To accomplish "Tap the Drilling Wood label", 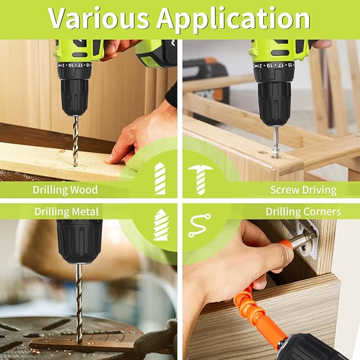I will [65, 189].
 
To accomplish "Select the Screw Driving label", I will [303, 189].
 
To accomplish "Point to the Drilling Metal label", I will [67, 212].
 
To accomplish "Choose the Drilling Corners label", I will [303, 212].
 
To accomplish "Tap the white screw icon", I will [200, 178].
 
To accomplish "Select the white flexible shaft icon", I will [199, 225].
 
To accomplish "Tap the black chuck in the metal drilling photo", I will [79, 242].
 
